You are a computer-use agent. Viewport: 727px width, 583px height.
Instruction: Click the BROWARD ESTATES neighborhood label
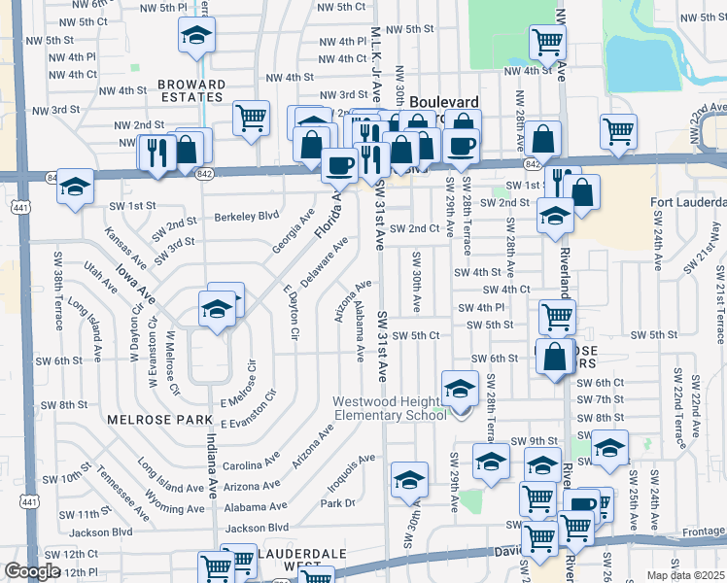(x=192, y=91)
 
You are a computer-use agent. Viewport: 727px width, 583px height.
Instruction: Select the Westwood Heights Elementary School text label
(x=390, y=408)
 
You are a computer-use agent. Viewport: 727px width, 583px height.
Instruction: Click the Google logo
(x=32, y=571)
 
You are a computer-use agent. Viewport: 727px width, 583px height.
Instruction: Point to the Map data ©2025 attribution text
(x=686, y=575)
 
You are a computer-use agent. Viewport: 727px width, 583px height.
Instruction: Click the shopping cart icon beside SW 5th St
(x=557, y=316)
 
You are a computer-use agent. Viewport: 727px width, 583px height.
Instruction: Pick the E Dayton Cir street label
(x=290, y=311)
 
